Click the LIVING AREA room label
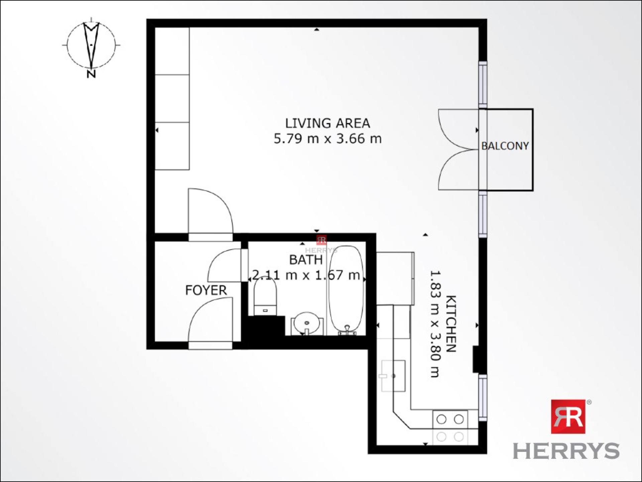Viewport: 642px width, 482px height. [x=327, y=124]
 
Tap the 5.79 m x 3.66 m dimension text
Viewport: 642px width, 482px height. [x=327, y=139]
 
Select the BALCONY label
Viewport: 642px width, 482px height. [x=505, y=146]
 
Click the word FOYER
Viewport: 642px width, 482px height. [x=206, y=290]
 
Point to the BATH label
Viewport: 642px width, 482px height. [x=306, y=260]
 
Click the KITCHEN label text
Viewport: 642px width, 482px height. [x=451, y=324]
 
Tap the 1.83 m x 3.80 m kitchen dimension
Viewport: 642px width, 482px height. [x=434, y=324]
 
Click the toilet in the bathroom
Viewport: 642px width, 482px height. [x=265, y=297]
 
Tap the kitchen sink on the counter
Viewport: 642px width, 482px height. [x=394, y=376]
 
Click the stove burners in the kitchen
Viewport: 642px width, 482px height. [x=450, y=419]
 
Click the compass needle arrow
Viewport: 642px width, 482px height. [x=91, y=44]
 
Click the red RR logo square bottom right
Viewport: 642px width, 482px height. [x=568, y=416]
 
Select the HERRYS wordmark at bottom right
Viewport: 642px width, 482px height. [x=566, y=451]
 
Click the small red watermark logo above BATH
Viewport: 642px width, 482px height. [x=321, y=240]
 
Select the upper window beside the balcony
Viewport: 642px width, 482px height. [x=483, y=83]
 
